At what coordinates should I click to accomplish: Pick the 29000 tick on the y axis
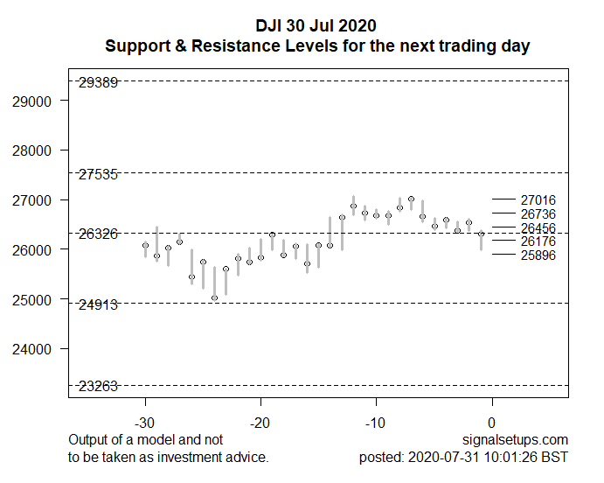[33, 101]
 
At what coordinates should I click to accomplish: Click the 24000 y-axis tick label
[33, 349]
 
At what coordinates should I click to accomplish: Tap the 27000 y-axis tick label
[33, 200]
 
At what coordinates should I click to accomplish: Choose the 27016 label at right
[538, 200]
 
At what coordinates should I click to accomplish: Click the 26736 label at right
[538, 214]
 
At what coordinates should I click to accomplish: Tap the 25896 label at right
[538, 255]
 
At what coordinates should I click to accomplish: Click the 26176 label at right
[538, 241]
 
